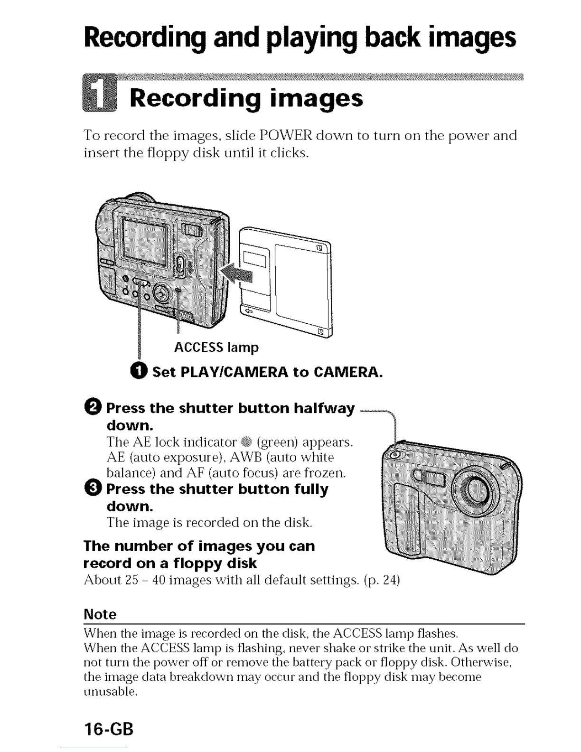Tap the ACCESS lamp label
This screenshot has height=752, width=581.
216,348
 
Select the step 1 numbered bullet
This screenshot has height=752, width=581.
140,372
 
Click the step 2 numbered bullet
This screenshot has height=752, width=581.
94,408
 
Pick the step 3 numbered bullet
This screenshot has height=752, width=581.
94,489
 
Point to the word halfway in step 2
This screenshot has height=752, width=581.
324,408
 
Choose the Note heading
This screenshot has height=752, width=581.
100,614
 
